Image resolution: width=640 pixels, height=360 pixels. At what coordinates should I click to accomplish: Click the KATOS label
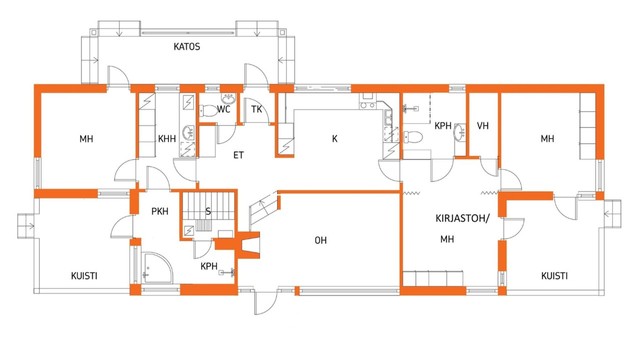point(187,47)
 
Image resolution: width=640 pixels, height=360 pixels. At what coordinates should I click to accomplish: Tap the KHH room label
point(167,139)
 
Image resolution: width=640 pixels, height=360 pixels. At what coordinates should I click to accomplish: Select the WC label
point(224,109)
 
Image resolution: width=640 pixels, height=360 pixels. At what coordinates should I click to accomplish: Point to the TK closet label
point(256,109)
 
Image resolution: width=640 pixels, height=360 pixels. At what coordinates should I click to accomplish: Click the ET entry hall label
point(239,155)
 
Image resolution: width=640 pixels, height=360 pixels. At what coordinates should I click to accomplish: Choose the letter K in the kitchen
point(335,139)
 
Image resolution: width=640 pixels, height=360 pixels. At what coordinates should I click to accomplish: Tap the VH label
point(483,126)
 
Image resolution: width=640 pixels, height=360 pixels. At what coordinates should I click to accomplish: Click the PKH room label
point(160,211)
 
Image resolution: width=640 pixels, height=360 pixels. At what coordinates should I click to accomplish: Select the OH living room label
point(321,240)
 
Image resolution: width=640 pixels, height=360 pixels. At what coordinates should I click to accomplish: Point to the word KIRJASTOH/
point(462,218)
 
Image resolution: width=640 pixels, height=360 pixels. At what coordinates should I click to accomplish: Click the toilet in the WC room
point(209,110)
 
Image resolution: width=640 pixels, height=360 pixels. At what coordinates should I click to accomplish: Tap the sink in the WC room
point(228,98)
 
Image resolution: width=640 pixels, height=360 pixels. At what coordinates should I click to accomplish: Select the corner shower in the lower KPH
point(157,267)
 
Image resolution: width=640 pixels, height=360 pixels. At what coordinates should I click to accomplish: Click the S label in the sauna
point(208,211)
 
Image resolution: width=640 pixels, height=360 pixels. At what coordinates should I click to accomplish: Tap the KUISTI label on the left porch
point(84,276)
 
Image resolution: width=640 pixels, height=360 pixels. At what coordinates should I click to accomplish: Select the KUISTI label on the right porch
point(554,276)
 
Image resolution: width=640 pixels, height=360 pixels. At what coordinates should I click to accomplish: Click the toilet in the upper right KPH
point(413,137)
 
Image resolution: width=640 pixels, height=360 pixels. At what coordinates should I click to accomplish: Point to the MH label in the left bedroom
point(87,139)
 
